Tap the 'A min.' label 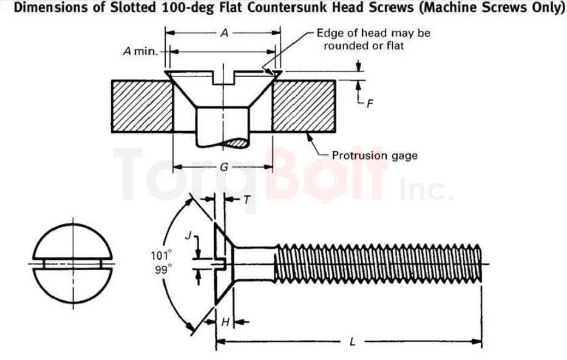point(140,51)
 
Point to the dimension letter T point(247,199)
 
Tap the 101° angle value point(161,255)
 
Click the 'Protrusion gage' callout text point(375,155)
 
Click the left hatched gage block point(141,106)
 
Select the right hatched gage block point(304,106)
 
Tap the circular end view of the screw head point(73,263)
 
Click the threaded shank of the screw point(376,263)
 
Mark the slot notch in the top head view point(223,78)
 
